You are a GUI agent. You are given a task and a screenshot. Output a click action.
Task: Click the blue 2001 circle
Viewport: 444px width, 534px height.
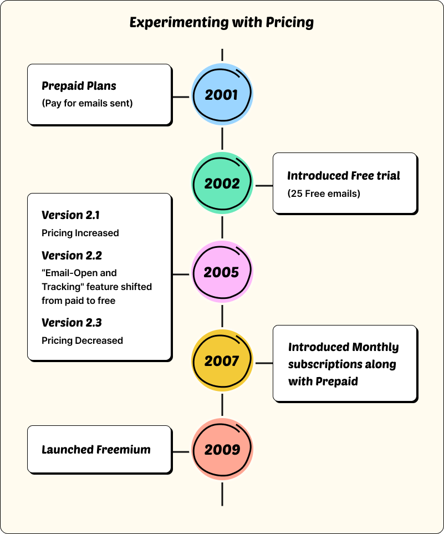click(x=222, y=95)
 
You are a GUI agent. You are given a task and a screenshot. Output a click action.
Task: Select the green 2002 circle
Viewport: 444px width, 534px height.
click(x=222, y=184)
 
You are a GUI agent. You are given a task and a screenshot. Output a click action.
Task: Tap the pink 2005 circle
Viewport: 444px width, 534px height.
click(x=222, y=272)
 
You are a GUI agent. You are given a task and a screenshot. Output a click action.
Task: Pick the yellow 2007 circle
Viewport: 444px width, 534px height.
click(x=222, y=361)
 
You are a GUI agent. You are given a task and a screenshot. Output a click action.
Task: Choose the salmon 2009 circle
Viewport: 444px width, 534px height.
click(x=222, y=450)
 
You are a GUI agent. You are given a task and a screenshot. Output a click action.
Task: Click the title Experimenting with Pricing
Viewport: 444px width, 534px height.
click(x=222, y=23)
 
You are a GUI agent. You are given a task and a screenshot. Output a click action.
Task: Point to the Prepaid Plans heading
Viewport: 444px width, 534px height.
click(x=79, y=86)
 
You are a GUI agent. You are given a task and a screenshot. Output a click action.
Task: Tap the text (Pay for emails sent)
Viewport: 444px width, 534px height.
click(x=87, y=103)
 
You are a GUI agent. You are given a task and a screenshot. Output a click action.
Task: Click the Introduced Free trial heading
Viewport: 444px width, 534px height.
click(x=343, y=176)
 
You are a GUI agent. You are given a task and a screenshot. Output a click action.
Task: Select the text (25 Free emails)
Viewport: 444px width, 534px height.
click(x=323, y=194)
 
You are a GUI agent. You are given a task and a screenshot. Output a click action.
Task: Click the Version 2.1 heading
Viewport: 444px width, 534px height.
click(x=71, y=215)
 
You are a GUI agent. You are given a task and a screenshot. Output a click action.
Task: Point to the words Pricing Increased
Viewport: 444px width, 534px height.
click(x=80, y=233)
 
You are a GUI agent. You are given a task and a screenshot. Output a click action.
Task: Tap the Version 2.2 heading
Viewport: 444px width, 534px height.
click(x=72, y=256)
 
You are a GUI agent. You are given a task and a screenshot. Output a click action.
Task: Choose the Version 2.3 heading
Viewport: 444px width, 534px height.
click(x=72, y=323)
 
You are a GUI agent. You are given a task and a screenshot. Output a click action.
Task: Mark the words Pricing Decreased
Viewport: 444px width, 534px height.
click(x=82, y=340)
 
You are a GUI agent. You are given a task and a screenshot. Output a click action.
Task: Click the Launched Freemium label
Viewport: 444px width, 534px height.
click(x=96, y=450)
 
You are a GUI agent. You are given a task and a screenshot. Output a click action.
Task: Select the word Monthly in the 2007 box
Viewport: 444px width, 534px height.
click(x=375, y=347)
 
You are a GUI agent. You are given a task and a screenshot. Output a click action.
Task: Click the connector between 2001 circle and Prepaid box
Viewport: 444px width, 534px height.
click(x=181, y=96)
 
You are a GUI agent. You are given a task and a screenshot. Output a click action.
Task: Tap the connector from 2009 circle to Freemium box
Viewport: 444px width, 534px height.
click(x=181, y=451)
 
